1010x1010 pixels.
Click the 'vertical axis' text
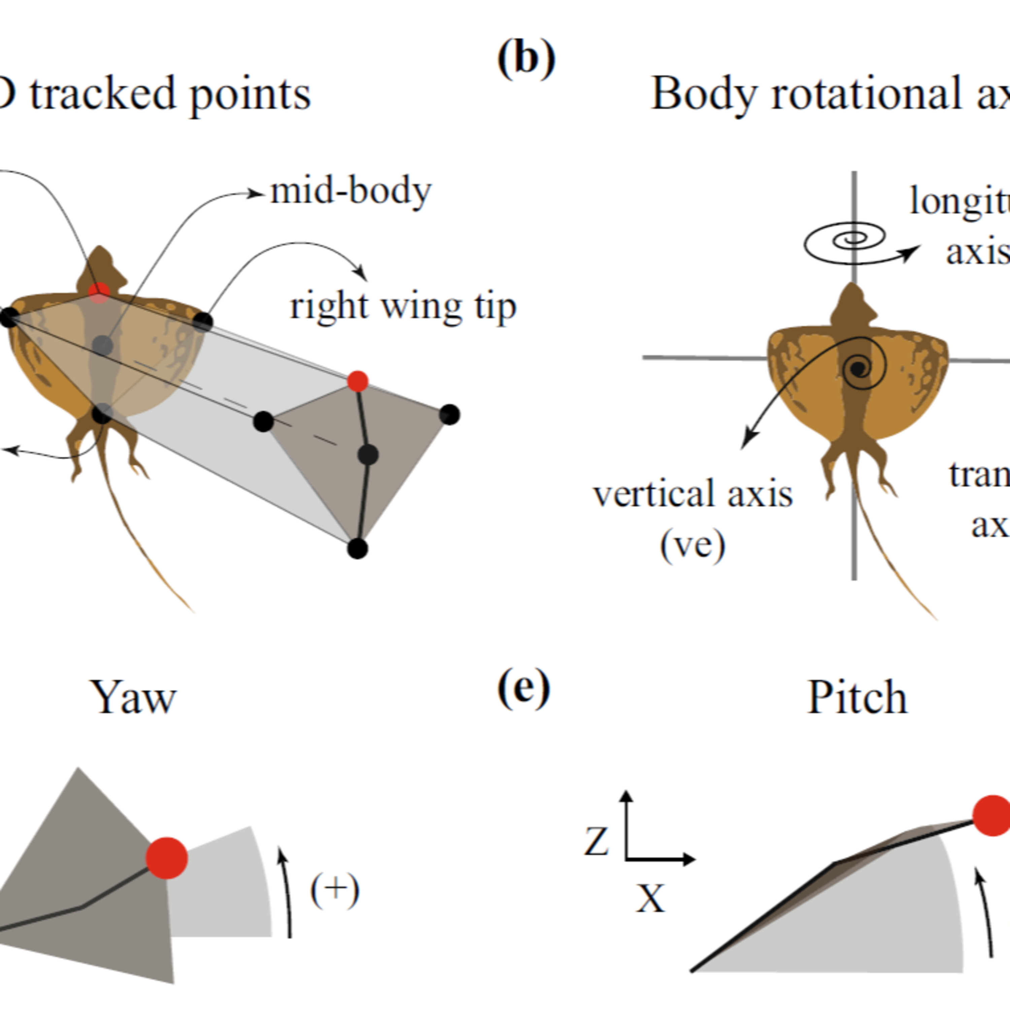pos(693,494)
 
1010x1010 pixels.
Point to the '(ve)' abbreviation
pos(693,545)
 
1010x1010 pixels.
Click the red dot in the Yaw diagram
pos(166,857)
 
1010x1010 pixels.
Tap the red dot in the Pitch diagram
pos(992,830)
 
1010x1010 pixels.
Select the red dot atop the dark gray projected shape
pos(358,381)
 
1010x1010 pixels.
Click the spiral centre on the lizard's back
pos(857,369)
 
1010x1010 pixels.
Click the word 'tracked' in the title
pos(102,94)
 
